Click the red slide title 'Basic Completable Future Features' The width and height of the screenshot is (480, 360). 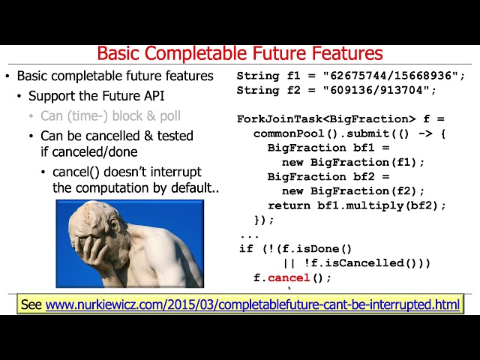tap(240, 53)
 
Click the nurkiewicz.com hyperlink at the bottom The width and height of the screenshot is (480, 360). tap(252, 304)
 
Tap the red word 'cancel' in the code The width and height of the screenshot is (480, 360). tap(289, 277)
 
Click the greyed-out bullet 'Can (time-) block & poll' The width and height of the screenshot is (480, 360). tap(110, 116)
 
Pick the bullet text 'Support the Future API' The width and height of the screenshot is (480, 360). tap(96, 96)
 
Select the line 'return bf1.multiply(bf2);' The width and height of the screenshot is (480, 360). tap(356, 205)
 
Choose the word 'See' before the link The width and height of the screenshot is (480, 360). tap(31, 304)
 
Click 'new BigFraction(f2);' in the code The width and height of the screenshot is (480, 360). tap(352, 190)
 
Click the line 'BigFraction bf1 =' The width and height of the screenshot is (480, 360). tap(307, 148)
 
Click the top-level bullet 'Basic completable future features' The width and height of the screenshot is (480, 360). tap(115, 76)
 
